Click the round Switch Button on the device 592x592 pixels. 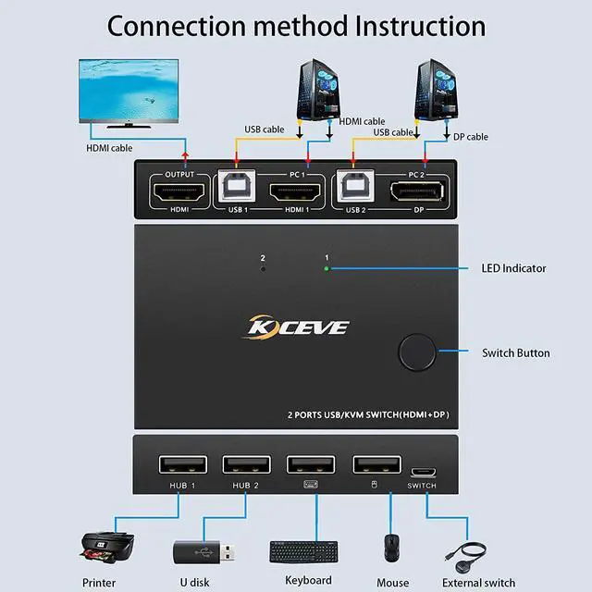418,352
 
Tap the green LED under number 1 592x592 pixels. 326,269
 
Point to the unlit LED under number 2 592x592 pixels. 263,269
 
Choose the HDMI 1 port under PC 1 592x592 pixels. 295,193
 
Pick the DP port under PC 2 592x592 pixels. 415,193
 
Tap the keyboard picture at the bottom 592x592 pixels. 309,551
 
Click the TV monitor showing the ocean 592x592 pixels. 129,92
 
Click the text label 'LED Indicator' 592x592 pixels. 513,268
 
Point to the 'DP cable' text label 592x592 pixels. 470,137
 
